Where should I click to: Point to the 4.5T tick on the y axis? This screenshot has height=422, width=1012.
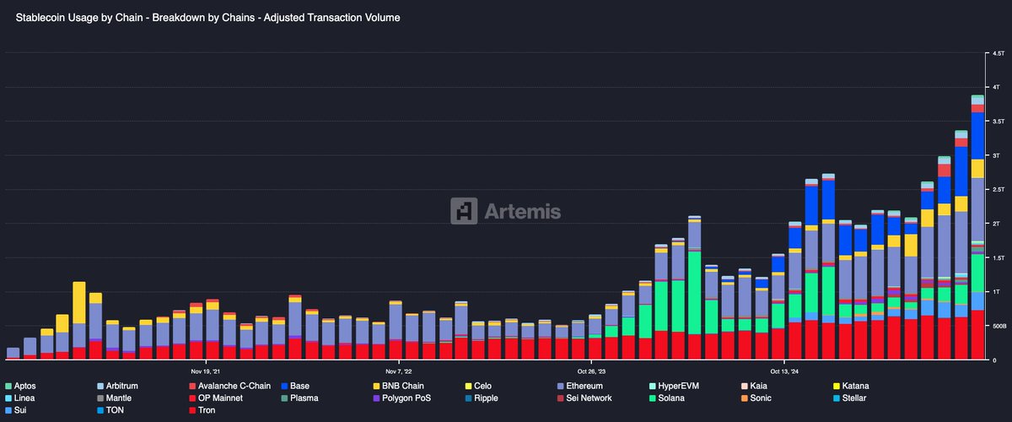coord(997,54)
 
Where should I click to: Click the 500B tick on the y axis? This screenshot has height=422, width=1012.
coord(999,326)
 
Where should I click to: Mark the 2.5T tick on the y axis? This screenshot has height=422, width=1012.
coord(997,190)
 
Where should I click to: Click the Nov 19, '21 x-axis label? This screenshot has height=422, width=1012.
coord(206,370)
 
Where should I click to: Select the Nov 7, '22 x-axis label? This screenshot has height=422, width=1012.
coord(398,370)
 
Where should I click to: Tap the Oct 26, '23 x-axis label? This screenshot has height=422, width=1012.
coord(594,370)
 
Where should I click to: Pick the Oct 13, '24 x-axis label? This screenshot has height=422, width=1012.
coord(785,370)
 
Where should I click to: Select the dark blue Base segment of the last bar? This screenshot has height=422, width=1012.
coord(977,135)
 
